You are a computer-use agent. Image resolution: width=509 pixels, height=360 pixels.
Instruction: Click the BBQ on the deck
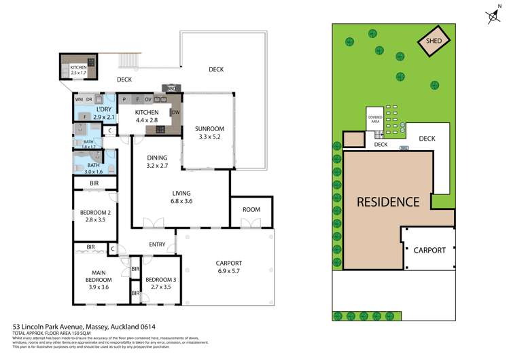pos(170,88)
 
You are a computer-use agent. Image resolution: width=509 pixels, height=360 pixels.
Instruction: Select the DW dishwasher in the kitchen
pos(175,112)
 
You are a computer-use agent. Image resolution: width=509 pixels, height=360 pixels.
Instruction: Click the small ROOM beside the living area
pos(251,209)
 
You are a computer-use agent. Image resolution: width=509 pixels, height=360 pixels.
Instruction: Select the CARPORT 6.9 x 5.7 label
pos(228,267)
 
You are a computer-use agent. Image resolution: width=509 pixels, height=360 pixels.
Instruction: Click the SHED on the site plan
pos(434,41)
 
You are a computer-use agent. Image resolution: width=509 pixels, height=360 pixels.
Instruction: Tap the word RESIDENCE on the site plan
pos(388,202)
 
